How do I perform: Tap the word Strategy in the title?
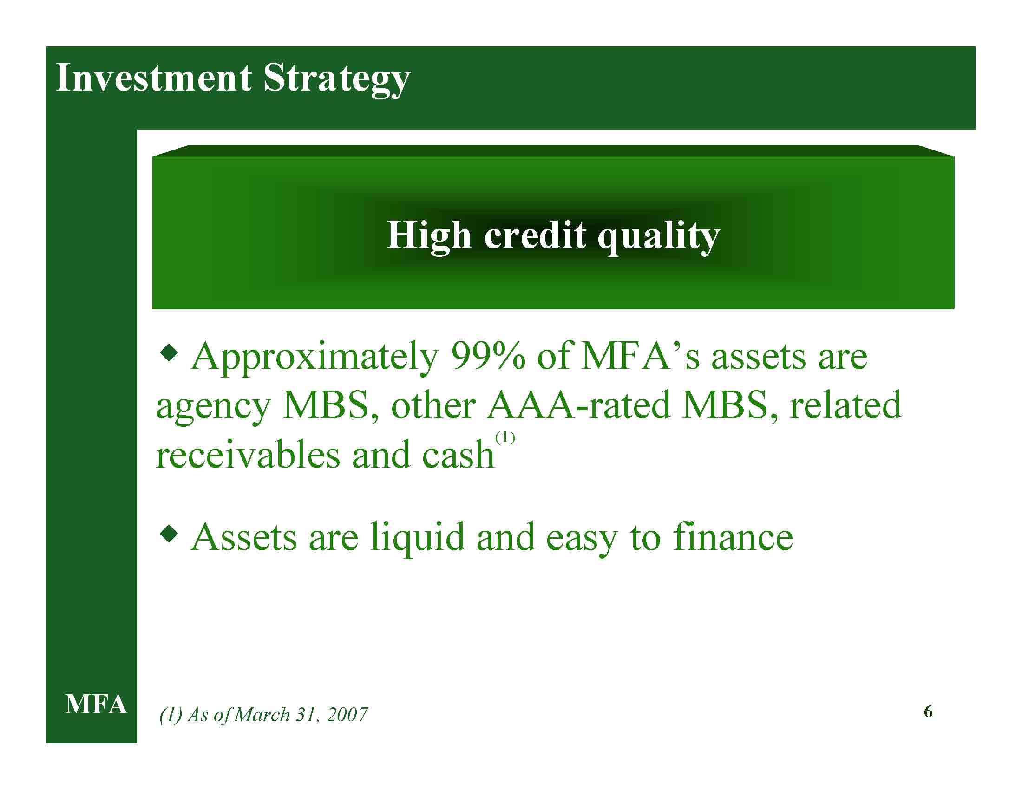click(336, 80)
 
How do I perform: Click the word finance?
click(733, 537)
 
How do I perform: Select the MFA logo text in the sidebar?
click(96, 704)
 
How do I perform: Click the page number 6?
click(929, 711)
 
